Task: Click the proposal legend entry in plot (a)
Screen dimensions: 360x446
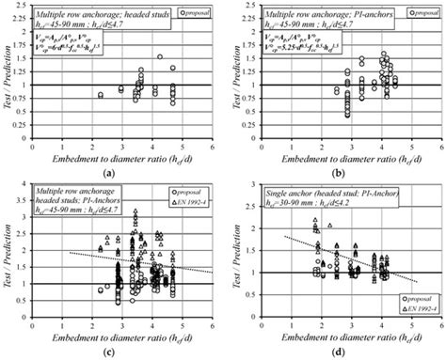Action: pyautogui.click(x=199, y=14)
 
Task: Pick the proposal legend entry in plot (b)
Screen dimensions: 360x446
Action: pyautogui.click(x=418, y=14)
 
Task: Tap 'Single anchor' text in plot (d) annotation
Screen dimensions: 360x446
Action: pyautogui.click(x=287, y=193)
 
